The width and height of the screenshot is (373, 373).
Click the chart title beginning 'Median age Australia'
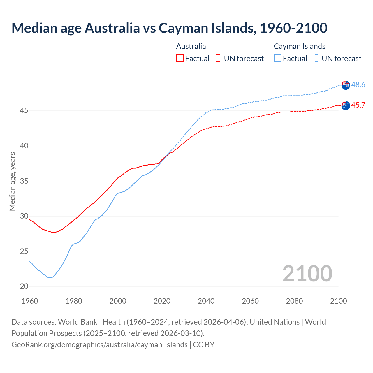coord(169,28)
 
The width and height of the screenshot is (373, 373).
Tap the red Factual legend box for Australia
coord(180,58)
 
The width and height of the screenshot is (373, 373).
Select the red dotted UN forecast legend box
coord(219,58)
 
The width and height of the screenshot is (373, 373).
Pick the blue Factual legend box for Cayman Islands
coord(278,58)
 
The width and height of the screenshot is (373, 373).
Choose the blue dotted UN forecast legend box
coord(316,58)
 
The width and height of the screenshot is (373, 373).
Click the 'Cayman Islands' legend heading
coord(299,46)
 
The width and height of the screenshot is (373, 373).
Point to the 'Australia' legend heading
coord(191,46)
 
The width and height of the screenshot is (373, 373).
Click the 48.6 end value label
coord(358,85)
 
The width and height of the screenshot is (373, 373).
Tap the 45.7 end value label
coord(358,105)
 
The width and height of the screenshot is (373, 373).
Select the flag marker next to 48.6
coord(346,85)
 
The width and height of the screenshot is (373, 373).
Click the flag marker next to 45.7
coord(346,105)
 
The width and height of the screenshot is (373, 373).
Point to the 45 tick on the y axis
coord(24,111)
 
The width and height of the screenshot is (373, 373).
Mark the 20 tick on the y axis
coord(24,286)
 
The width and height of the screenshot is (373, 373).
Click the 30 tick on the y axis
coord(24,216)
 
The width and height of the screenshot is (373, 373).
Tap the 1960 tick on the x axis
coord(30,301)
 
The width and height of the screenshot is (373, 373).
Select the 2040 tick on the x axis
coord(206,301)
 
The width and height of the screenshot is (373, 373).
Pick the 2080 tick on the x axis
coord(294,301)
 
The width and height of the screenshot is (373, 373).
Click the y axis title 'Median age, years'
coord(12,181)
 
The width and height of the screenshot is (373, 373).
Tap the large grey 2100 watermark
coord(307,273)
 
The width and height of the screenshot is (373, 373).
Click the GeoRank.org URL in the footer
coord(99,344)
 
